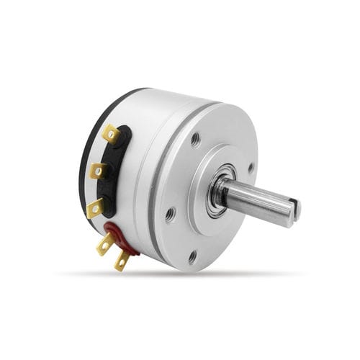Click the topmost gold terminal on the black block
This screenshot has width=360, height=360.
click(x=110, y=133)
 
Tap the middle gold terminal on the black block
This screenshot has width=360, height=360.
click(x=99, y=171)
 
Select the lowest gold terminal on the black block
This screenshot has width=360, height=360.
click(x=94, y=209)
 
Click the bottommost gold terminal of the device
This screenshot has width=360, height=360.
click(x=122, y=261)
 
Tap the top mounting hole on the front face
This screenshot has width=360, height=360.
click(x=196, y=139)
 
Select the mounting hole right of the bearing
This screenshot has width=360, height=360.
click(x=251, y=168)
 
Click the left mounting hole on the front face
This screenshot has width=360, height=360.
click(x=169, y=214)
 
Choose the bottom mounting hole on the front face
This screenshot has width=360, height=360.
click(x=192, y=256)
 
